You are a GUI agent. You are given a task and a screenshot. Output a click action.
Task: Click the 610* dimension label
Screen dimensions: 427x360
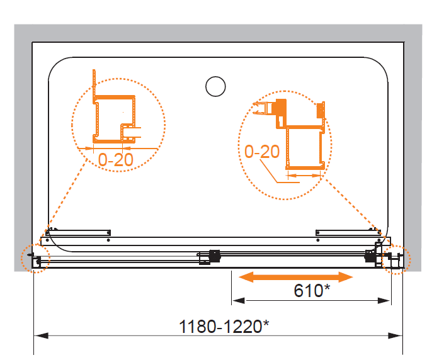click(312, 290)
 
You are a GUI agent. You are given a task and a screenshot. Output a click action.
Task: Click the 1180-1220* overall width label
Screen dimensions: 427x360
click(224, 326)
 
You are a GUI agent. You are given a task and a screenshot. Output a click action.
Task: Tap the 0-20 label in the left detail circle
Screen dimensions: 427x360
click(116, 159)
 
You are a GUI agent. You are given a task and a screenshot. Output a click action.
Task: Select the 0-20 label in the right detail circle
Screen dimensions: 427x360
click(262, 151)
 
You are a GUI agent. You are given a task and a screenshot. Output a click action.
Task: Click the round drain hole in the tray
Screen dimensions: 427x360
click(215, 86)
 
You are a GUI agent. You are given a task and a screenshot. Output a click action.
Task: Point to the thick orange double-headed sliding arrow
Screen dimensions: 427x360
click(296, 278)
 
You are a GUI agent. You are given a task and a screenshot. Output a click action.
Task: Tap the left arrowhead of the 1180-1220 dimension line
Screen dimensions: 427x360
click(41, 335)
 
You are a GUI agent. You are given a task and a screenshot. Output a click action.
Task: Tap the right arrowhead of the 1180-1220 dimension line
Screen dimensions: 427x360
click(396, 335)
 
